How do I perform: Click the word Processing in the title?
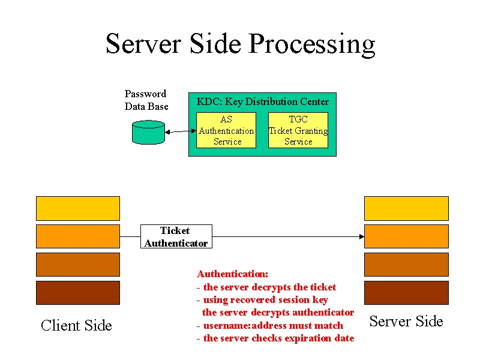[x=311, y=44]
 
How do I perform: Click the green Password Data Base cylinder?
[x=148, y=132]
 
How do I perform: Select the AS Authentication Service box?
[x=226, y=130]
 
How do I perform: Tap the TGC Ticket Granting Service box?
[x=298, y=130]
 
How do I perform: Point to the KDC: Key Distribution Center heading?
[x=262, y=101]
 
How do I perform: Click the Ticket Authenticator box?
[x=176, y=236]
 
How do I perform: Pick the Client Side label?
[x=76, y=325]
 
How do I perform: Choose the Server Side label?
[x=406, y=321]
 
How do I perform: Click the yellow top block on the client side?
[x=78, y=208]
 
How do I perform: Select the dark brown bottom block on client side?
[x=78, y=293]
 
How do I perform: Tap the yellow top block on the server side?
[x=406, y=208]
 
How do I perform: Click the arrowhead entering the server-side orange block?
[x=362, y=236]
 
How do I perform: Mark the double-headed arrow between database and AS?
[x=181, y=131]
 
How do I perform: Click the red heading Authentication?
[x=233, y=274]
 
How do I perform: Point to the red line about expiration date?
[x=275, y=338]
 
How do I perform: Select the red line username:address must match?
[x=270, y=325]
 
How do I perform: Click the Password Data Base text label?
[x=146, y=100]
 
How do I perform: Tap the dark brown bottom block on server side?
[x=406, y=293]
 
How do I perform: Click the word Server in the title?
[x=143, y=44]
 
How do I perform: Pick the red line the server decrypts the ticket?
[x=266, y=287]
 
